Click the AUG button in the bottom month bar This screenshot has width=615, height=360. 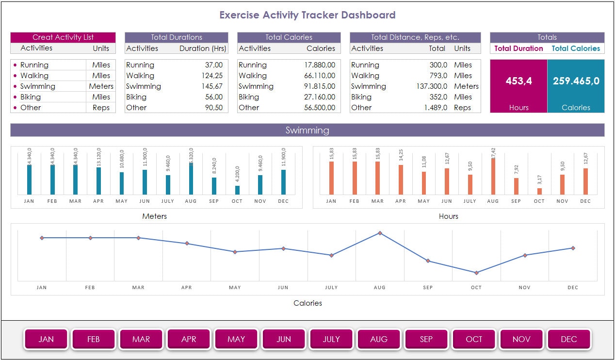point(379,339)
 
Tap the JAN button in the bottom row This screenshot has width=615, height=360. point(46,339)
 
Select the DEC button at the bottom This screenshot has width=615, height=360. point(568,339)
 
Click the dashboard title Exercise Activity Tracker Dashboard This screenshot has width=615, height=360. point(307,15)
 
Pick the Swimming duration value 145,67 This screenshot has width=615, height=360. point(213,86)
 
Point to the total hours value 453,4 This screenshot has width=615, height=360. point(518,81)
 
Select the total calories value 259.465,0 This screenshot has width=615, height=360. point(576,81)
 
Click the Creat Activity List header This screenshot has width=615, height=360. point(63,37)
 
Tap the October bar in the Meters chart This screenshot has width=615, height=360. point(237,190)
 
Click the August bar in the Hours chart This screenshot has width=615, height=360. point(493,176)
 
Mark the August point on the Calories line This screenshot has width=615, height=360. point(380,233)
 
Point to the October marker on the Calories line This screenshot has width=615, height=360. point(476,273)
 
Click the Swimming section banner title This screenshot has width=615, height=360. point(307,130)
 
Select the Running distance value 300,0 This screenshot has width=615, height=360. point(438,65)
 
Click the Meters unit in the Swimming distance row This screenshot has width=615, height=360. point(466,86)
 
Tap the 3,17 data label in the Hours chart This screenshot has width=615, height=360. point(539,180)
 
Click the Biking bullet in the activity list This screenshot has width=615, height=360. point(15,97)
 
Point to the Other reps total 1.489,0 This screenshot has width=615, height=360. point(435,108)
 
